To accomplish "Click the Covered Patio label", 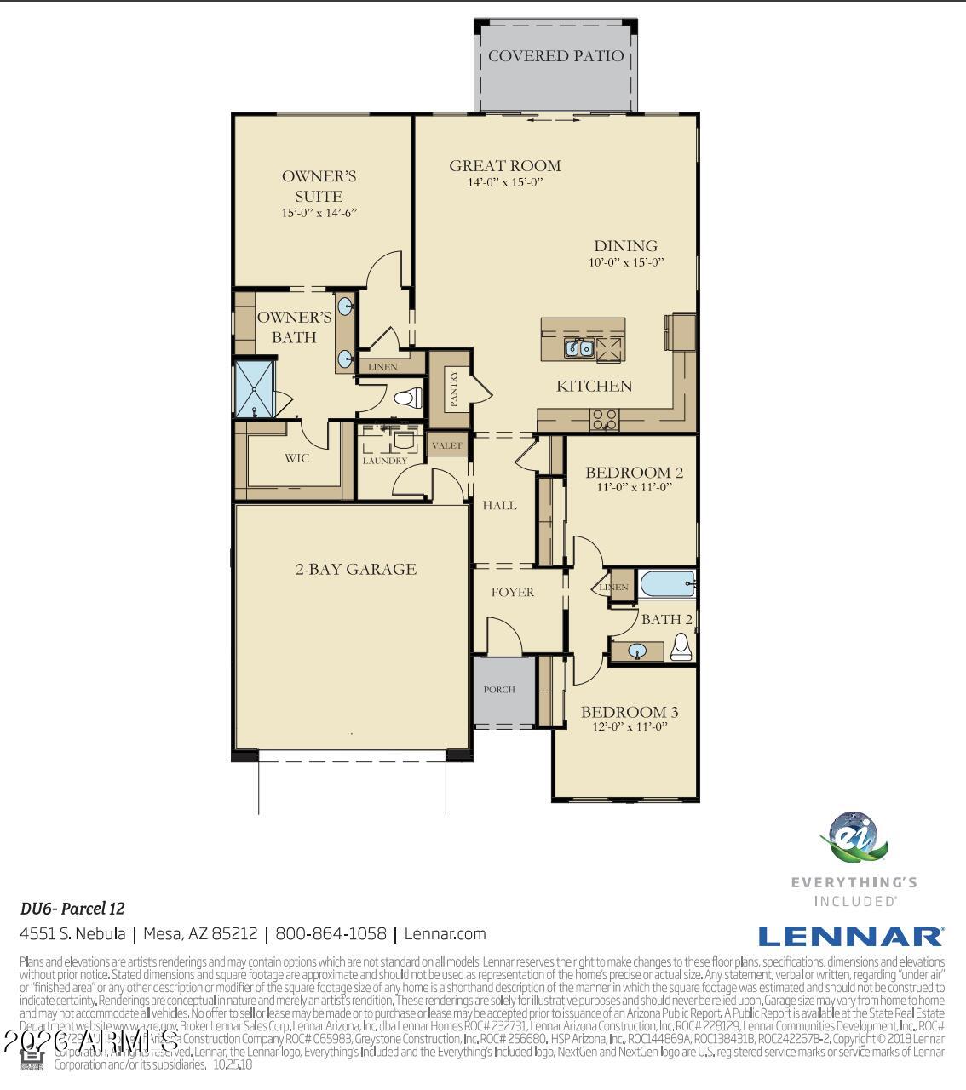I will coord(555,56).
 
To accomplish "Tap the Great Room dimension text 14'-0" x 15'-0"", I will coord(505,182).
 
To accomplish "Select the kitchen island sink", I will coord(579,347).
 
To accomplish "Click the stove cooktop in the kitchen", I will coord(605,418).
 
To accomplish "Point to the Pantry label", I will coord(453,388).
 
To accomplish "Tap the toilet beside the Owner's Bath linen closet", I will coord(409,397).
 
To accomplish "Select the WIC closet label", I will coord(296,458).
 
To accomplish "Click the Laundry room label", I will coord(385,461).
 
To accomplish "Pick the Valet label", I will coord(446,445).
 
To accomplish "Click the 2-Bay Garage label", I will coord(355,569).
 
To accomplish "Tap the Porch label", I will coord(499,690).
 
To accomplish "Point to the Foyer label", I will coord(513,592).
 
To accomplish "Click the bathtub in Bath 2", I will coord(668,585).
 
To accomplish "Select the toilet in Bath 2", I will coord(681,646).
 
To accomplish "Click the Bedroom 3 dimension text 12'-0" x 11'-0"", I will coord(630,727).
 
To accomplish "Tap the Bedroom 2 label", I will coord(634,473).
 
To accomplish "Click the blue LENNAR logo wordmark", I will coord(849,937).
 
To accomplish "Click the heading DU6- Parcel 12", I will coord(72,909).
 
